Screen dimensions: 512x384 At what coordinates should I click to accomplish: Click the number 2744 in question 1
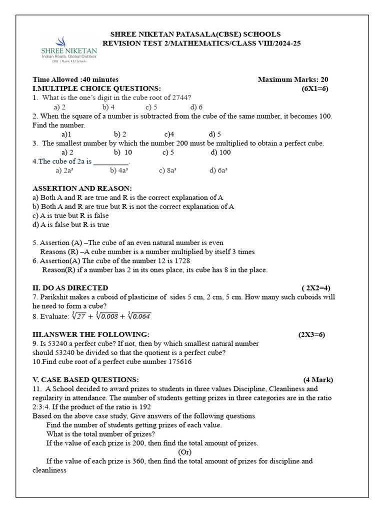tap(180, 97)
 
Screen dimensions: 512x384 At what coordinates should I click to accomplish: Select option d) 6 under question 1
tap(196, 107)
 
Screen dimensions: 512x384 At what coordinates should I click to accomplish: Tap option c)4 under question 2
tap(169, 134)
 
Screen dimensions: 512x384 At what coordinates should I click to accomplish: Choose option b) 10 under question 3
tap(122, 152)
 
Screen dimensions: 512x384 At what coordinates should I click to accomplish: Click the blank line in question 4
tap(111, 161)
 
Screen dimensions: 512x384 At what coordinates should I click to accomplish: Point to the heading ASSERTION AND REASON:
tap(82, 188)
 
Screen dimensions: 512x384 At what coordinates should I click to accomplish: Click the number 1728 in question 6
tap(181, 260)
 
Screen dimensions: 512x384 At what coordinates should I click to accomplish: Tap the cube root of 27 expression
tap(79, 315)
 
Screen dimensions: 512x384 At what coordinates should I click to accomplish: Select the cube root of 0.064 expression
tap(139, 315)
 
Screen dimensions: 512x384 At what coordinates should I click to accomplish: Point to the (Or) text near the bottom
tap(185, 452)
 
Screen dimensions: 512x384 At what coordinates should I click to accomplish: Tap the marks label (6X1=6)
tap(314, 88)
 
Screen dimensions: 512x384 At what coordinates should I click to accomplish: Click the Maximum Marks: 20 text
tap(292, 79)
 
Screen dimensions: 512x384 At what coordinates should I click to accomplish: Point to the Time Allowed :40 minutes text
tap(75, 79)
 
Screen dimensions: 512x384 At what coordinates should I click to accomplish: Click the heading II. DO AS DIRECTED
tap(70, 287)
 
